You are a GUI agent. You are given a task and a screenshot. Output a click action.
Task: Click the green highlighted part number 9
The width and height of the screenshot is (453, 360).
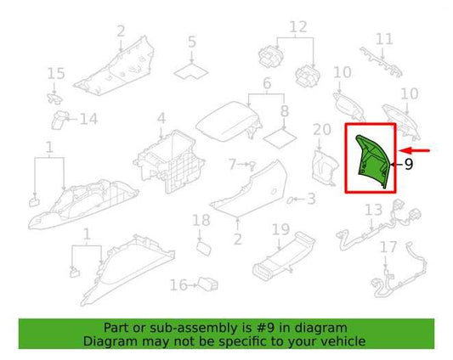[373, 162]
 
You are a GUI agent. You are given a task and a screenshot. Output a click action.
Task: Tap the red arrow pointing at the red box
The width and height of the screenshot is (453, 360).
[414, 150]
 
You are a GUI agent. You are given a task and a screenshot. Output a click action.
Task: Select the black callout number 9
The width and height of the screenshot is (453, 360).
[409, 164]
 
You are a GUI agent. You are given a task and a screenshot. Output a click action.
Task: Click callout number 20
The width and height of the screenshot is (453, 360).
[322, 129]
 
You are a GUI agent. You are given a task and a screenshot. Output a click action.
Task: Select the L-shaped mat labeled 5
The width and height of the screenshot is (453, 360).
[191, 72]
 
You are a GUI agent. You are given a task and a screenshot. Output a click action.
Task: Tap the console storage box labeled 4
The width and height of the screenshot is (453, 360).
[169, 161]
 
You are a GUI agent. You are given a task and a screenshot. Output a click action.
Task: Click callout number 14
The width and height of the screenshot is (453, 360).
[88, 119]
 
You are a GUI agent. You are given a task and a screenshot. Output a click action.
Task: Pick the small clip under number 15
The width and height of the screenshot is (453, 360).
[55, 98]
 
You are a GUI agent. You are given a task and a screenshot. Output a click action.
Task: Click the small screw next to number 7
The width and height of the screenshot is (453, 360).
[252, 165]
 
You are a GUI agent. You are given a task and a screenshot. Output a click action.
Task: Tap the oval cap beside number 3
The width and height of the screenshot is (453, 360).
[289, 200]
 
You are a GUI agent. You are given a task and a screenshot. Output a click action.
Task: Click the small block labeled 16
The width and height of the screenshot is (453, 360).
[207, 284]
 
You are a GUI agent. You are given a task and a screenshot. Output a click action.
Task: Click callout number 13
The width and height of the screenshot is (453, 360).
[374, 211]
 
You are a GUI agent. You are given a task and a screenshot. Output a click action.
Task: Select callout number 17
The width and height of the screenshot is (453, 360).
[388, 247]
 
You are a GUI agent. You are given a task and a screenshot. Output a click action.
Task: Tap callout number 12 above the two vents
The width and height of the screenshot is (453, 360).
[298, 27]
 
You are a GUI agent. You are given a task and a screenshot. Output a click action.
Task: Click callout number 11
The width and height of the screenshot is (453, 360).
[384, 39]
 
